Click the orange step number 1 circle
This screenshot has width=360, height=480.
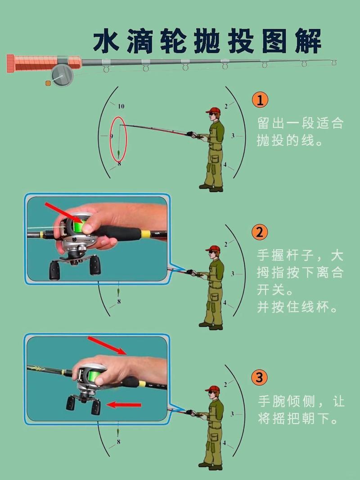click(260, 99)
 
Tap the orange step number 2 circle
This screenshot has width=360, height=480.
click(260, 232)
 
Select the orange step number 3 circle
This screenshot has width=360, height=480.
click(260, 377)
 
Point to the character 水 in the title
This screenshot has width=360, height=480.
click(107, 42)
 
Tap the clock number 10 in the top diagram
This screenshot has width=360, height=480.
click(121, 107)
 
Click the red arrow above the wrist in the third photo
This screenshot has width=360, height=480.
click(108, 345)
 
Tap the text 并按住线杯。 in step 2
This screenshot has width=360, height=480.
click(297, 308)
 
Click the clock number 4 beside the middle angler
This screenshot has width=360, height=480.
click(225, 303)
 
